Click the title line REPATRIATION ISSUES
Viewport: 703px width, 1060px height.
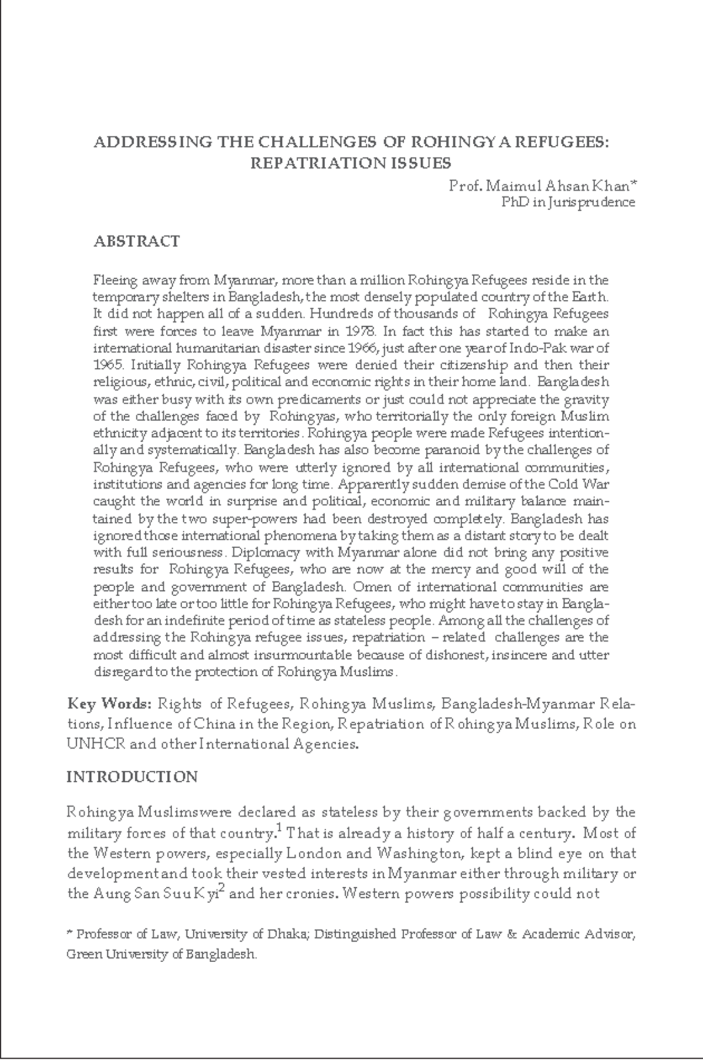point(351,163)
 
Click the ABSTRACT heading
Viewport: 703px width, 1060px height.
point(136,241)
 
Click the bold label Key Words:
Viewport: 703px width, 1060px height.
point(110,703)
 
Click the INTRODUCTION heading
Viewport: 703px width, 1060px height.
point(132,777)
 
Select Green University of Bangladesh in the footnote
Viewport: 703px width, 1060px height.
point(161,954)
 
